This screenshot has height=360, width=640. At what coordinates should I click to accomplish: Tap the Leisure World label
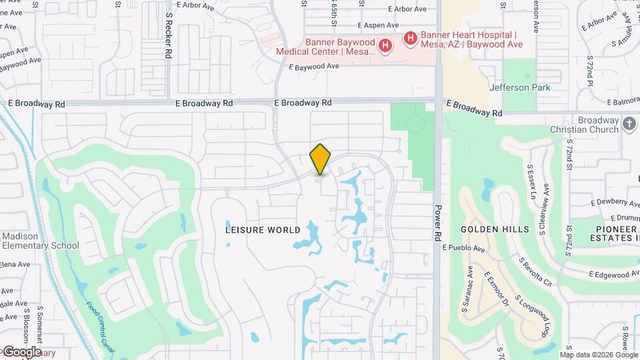pyautogui.click(x=263, y=229)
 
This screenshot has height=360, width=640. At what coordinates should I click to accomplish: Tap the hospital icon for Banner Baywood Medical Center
pyautogui.click(x=385, y=45)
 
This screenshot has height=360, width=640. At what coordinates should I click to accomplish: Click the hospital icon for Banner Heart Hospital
pyautogui.click(x=410, y=39)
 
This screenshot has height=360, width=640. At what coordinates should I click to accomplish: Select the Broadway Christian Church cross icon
pyautogui.click(x=629, y=123)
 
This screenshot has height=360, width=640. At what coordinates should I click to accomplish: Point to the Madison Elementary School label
pyautogui.click(x=40, y=241)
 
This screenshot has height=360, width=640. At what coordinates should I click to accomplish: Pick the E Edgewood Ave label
pyautogui.click(x=614, y=275)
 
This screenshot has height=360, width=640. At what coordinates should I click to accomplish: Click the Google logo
pyautogui.click(x=21, y=352)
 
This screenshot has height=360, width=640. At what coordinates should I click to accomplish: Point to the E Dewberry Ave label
pyautogui.click(x=614, y=202)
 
